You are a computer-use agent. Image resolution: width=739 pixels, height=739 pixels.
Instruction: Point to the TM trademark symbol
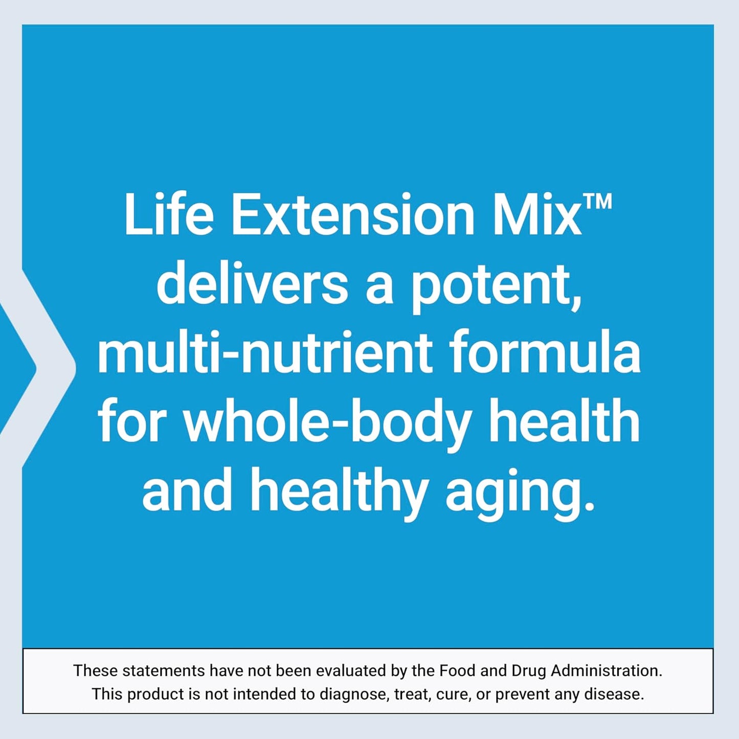(x=597, y=201)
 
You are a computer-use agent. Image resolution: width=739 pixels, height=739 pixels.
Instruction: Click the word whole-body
(x=327, y=423)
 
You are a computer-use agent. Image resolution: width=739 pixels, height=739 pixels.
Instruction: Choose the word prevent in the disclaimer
(x=522, y=695)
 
